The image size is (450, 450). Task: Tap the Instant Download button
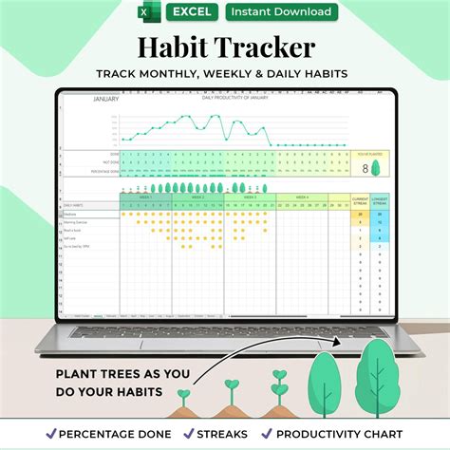(282, 11)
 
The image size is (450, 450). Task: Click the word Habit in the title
(178, 47)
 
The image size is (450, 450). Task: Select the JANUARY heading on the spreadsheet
(105, 99)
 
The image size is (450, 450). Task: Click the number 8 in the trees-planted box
(366, 168)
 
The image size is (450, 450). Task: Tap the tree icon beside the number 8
(376, 168)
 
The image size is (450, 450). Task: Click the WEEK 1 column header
(145, 197)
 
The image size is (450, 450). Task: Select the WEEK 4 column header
(301, 197)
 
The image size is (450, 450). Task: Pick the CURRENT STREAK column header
(359, 200)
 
